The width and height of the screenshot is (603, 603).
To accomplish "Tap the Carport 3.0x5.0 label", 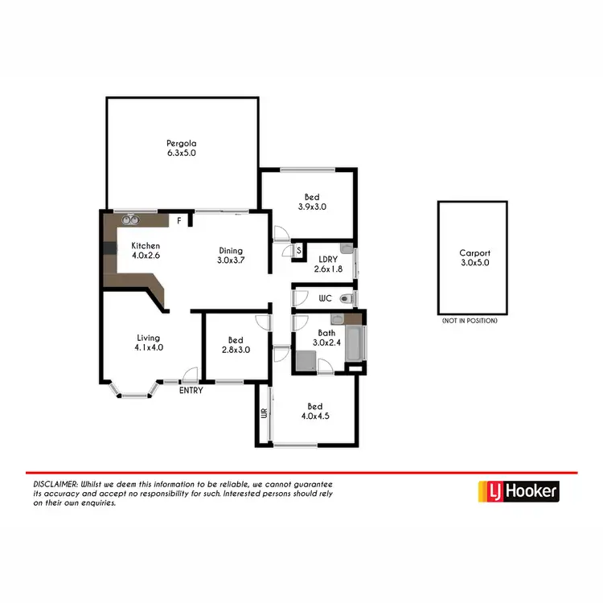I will tap(473, 257).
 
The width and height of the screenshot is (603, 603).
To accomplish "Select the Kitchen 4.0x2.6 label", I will tap(146, 251).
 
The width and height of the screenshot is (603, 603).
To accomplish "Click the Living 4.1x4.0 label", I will tap(148, 343).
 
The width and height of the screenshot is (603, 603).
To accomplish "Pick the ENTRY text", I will tap(191, 391).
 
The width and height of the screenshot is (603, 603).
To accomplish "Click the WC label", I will tap(326, 298).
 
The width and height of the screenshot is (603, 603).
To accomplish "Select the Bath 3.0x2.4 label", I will tap(326, 338).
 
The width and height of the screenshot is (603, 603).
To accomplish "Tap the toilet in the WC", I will tap(346, 299).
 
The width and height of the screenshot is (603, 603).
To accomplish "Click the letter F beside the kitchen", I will tap(179, 219).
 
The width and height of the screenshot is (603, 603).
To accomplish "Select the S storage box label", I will tap(298, 251).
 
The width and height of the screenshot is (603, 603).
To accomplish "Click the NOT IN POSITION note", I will tap(470, 321).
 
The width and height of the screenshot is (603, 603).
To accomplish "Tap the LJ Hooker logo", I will tap(518, 491).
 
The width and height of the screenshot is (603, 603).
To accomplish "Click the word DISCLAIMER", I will tap(55, 485).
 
